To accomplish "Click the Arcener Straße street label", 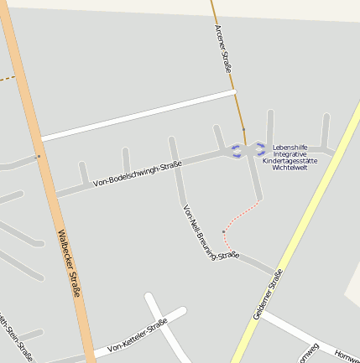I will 222,49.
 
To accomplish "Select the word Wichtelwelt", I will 290,167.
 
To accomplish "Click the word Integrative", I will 290,153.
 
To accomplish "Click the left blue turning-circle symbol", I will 236,151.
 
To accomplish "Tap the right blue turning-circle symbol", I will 260,149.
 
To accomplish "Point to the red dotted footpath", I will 243,213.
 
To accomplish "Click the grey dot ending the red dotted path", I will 223,231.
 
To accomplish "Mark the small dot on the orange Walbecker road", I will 38,156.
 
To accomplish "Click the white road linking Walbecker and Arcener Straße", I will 138,114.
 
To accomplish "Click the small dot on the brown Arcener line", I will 243,130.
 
